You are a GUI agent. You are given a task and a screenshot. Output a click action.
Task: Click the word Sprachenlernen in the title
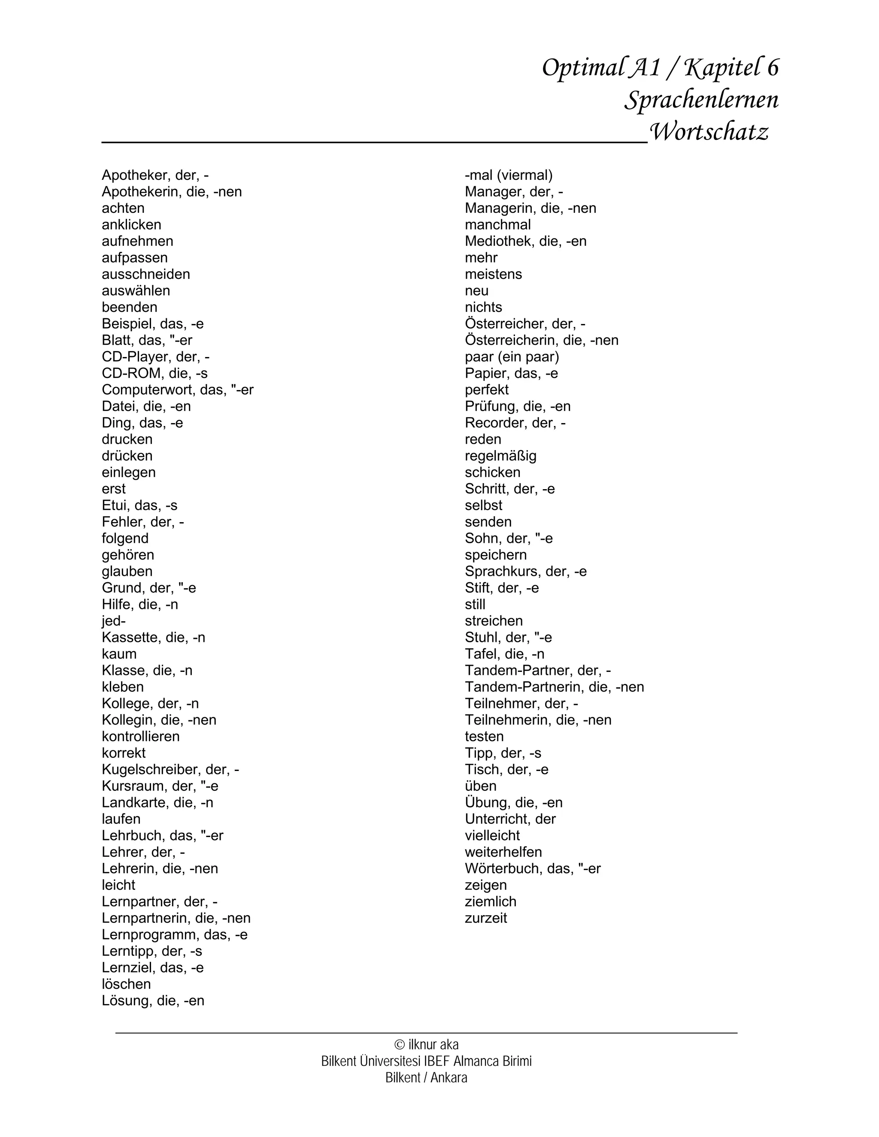point(701,100)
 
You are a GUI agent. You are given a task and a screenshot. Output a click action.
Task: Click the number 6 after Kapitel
point(773,68)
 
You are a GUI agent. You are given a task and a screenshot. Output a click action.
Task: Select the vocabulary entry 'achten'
point(123,208)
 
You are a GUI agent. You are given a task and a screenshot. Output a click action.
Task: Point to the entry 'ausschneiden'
point(146,274)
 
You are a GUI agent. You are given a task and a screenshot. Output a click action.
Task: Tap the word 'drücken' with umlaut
point(127,456)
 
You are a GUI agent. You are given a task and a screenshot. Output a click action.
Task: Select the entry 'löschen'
point(126,984)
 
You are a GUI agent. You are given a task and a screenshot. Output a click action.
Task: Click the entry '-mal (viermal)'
point(508,175)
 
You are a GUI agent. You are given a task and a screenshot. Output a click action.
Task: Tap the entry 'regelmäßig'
point(500,456)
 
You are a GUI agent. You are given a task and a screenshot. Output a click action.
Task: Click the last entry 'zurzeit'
point(486,918)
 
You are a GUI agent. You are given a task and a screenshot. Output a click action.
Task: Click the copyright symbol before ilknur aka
point(400,1044)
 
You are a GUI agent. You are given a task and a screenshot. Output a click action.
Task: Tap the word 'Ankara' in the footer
point(449,1078)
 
